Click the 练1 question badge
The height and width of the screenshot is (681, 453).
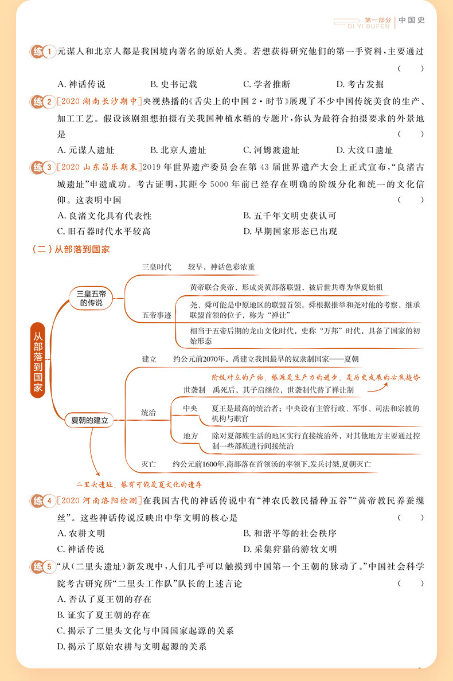point(42,52)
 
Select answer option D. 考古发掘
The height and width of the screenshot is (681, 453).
point(360,84)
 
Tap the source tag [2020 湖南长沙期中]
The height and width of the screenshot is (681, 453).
point(100,101)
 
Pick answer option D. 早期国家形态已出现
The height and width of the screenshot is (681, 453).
point(290,232)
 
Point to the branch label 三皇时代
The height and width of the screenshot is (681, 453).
point(157,267)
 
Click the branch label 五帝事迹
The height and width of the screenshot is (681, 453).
point(157,315)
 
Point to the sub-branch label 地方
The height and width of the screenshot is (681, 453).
point(190,436)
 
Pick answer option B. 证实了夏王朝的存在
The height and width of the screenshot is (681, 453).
point(104,615)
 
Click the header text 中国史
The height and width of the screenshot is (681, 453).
point(412,20)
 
